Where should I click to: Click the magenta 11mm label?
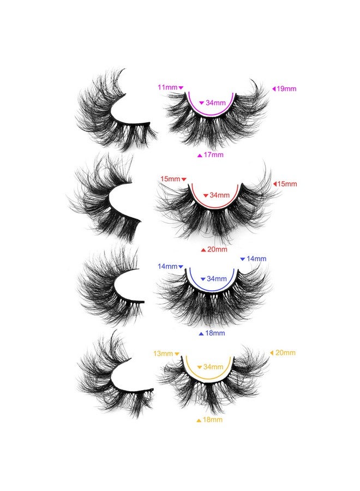tap(167, 87)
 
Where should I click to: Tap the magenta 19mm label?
tap(286, 88)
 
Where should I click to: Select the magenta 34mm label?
tap(215, 103)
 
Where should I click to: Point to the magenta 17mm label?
tap(213, 155)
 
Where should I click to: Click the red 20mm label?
tap(217, 249)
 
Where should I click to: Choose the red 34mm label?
tap(219, 195)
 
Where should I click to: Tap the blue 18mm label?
tap(215, 333)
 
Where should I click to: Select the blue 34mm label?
tap(217, 279)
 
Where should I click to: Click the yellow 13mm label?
tap(163, 354)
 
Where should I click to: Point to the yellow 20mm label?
tap(285, 353)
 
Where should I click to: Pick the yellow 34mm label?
tap(213, 367)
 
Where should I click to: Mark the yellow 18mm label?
tap(213, 420)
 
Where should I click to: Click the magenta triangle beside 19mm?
tap(274, 89)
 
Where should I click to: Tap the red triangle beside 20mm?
tap(203, 250)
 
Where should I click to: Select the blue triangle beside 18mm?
tap(201, 334)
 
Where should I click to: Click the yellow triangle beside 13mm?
tap(177, 354)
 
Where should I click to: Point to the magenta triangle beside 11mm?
tap(181, 88)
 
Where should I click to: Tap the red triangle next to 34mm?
tap(206, 196)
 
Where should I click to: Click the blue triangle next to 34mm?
tap(203, 279)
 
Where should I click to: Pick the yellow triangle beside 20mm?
tap(272, 353)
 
